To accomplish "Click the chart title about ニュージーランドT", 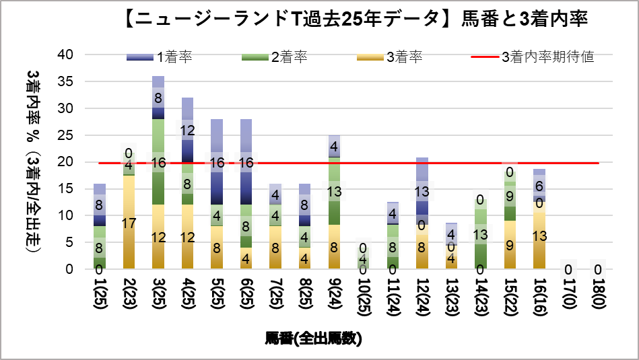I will pos(356,20).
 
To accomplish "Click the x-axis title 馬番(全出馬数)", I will pos(314,338).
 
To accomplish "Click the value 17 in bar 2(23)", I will pos(129,223).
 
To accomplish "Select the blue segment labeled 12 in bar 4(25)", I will pos(187,130).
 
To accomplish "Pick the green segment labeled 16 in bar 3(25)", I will pos(158,162).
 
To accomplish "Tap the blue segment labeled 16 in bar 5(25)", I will pos(217,162).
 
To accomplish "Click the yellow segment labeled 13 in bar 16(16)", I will pos(539,235).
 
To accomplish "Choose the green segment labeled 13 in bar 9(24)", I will pos(335,191).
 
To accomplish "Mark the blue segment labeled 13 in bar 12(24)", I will pos(422,192).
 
